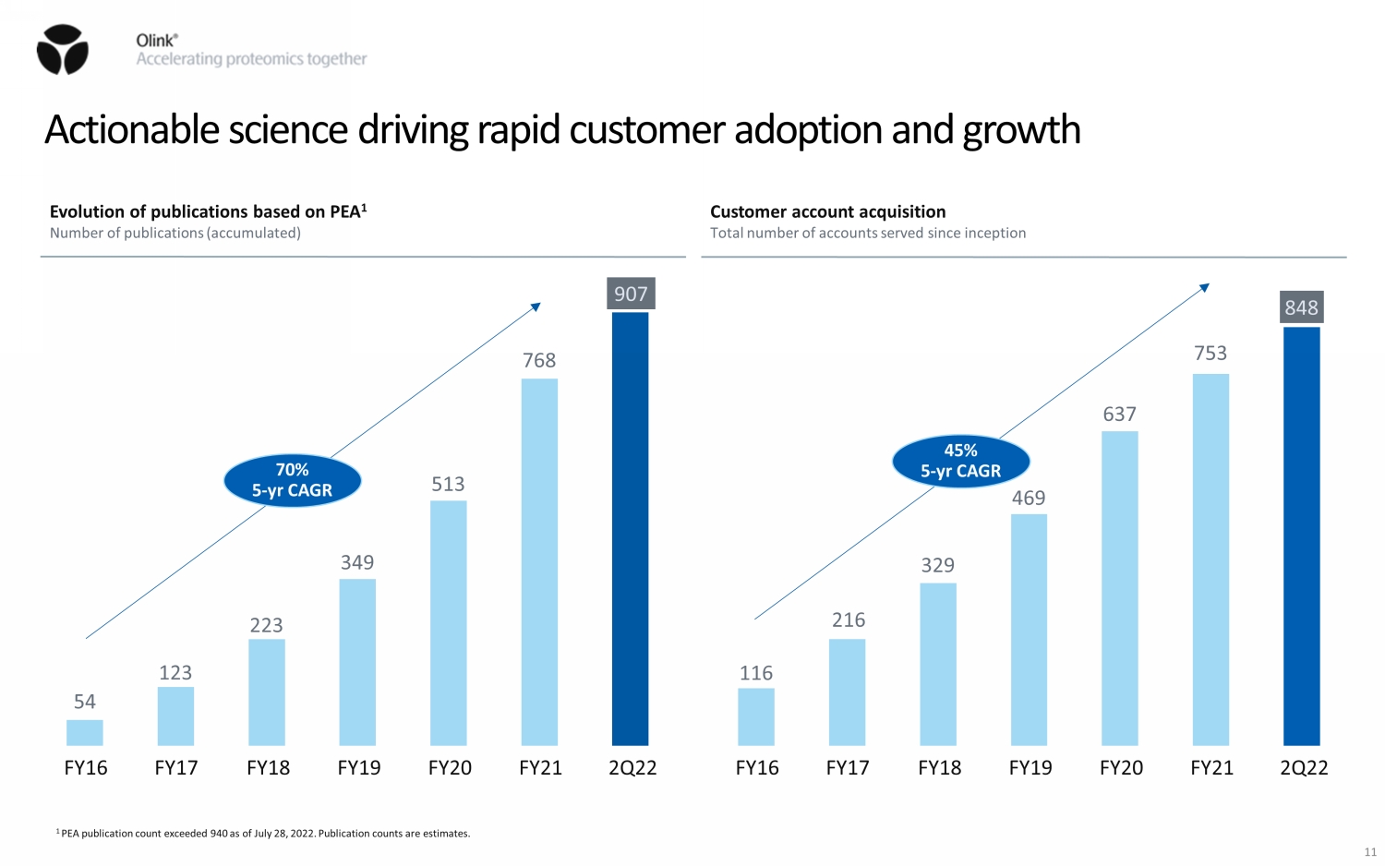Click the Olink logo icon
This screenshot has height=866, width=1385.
pos(63,50)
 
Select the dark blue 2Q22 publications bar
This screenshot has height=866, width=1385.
pos(631,528)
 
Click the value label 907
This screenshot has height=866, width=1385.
pos(631,294)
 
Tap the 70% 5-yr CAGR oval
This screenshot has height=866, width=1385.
pos(292,480)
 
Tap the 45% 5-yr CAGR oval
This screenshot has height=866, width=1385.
pos(960,461)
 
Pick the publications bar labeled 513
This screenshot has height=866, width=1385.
pos(449,622)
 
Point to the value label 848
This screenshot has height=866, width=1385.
pos(1301,307)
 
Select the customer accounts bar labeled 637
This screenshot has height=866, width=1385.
pos(1120,588)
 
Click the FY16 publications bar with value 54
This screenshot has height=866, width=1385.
pos(85,732)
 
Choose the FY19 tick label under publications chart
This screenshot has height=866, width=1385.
pos(359,768)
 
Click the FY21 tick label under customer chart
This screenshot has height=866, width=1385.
pos(1211,768)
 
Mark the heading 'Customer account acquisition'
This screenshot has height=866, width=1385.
pos(827,211)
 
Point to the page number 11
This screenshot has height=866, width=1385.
pos(1370,852)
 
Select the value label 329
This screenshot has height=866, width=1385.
pos(937,565)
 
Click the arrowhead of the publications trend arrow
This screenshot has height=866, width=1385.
pos(536,307)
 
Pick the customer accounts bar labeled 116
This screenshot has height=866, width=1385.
pos(756,716)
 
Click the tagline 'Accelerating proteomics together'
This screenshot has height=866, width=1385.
pos(251,59)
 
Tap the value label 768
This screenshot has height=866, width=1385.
pos(539,360)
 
